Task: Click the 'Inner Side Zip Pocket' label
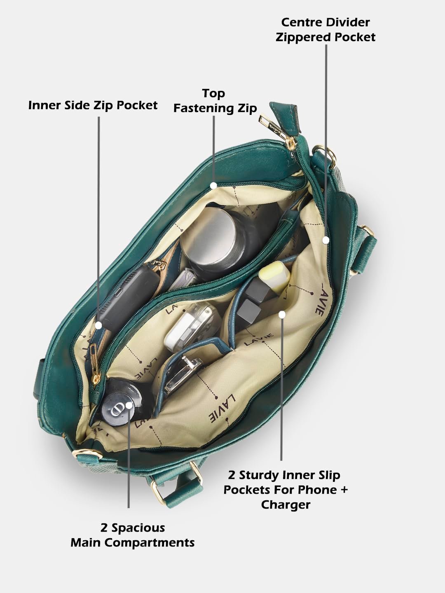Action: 93,105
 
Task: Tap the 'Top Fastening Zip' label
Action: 215,101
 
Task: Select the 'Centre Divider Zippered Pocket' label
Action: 326,30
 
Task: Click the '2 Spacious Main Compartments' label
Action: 132,535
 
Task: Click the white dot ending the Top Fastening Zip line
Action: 213,185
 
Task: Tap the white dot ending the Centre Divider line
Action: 326,240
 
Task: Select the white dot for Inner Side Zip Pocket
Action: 98,325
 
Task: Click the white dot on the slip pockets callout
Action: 282,314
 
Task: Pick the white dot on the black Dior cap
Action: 129,406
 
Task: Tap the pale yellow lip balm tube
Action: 274,278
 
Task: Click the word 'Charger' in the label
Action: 286,504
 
